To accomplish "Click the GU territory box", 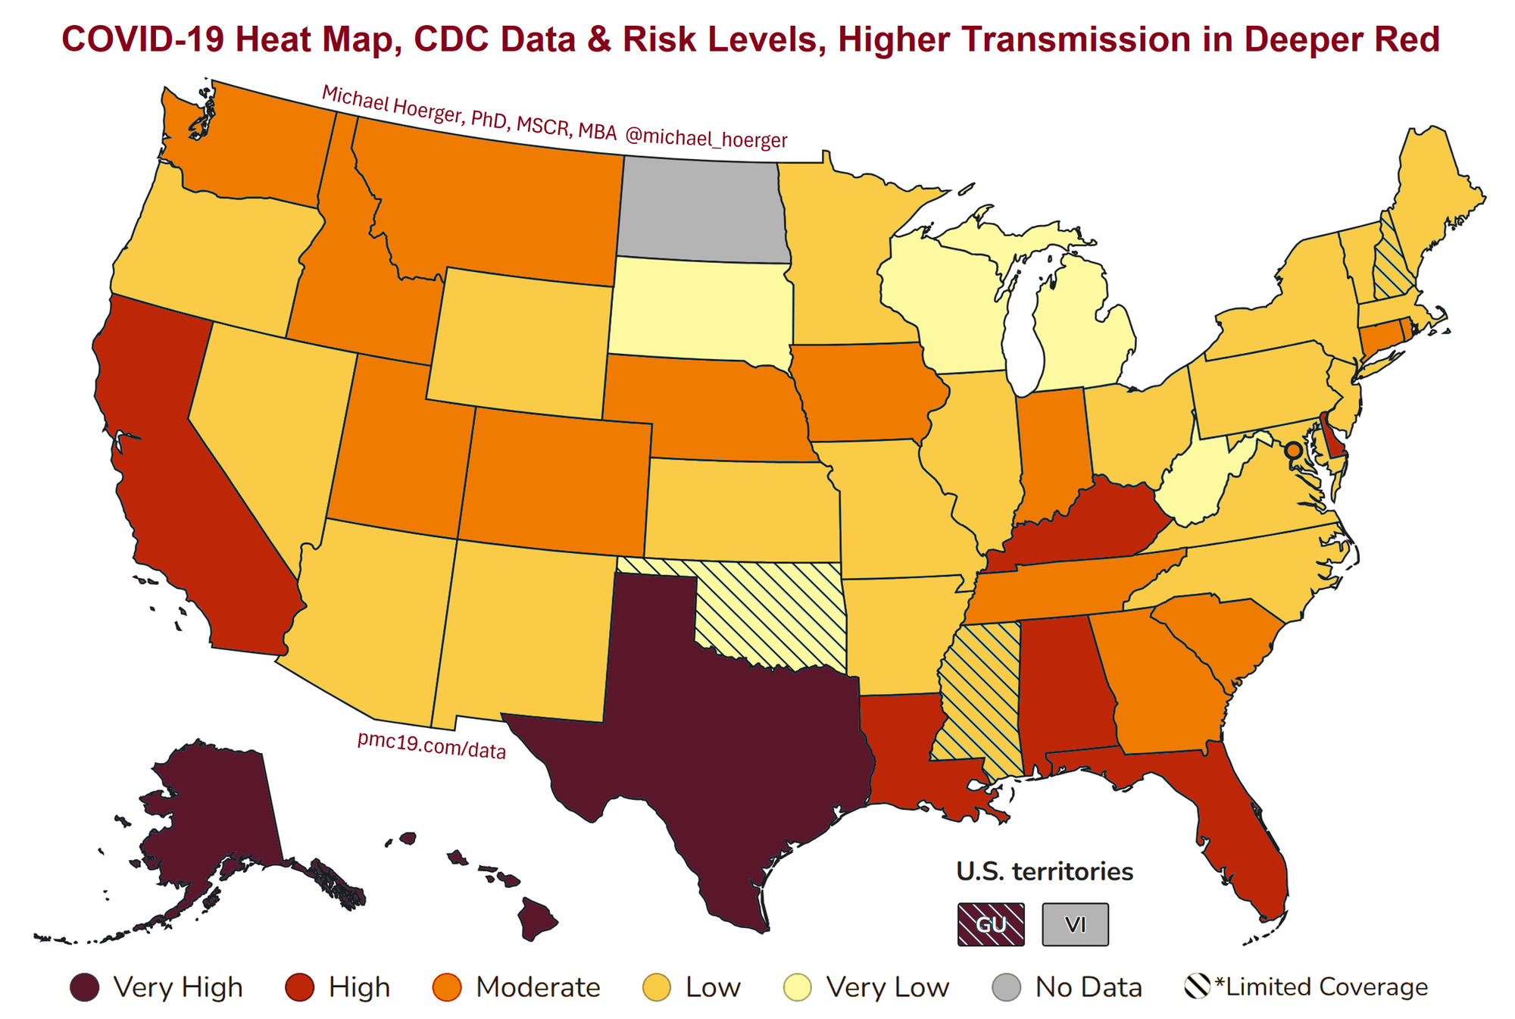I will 990,924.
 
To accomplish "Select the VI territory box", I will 1075,924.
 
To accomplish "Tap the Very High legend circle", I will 84,987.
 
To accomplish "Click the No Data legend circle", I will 1006,987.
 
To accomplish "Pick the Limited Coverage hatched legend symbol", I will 1197,987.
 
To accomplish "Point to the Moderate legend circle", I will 446,987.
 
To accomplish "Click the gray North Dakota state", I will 701,208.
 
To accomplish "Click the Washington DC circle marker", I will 1293,450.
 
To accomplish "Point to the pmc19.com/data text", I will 431,745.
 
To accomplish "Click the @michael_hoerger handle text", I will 706,139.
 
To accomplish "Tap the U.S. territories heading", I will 1045,871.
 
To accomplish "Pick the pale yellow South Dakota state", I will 701,307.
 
